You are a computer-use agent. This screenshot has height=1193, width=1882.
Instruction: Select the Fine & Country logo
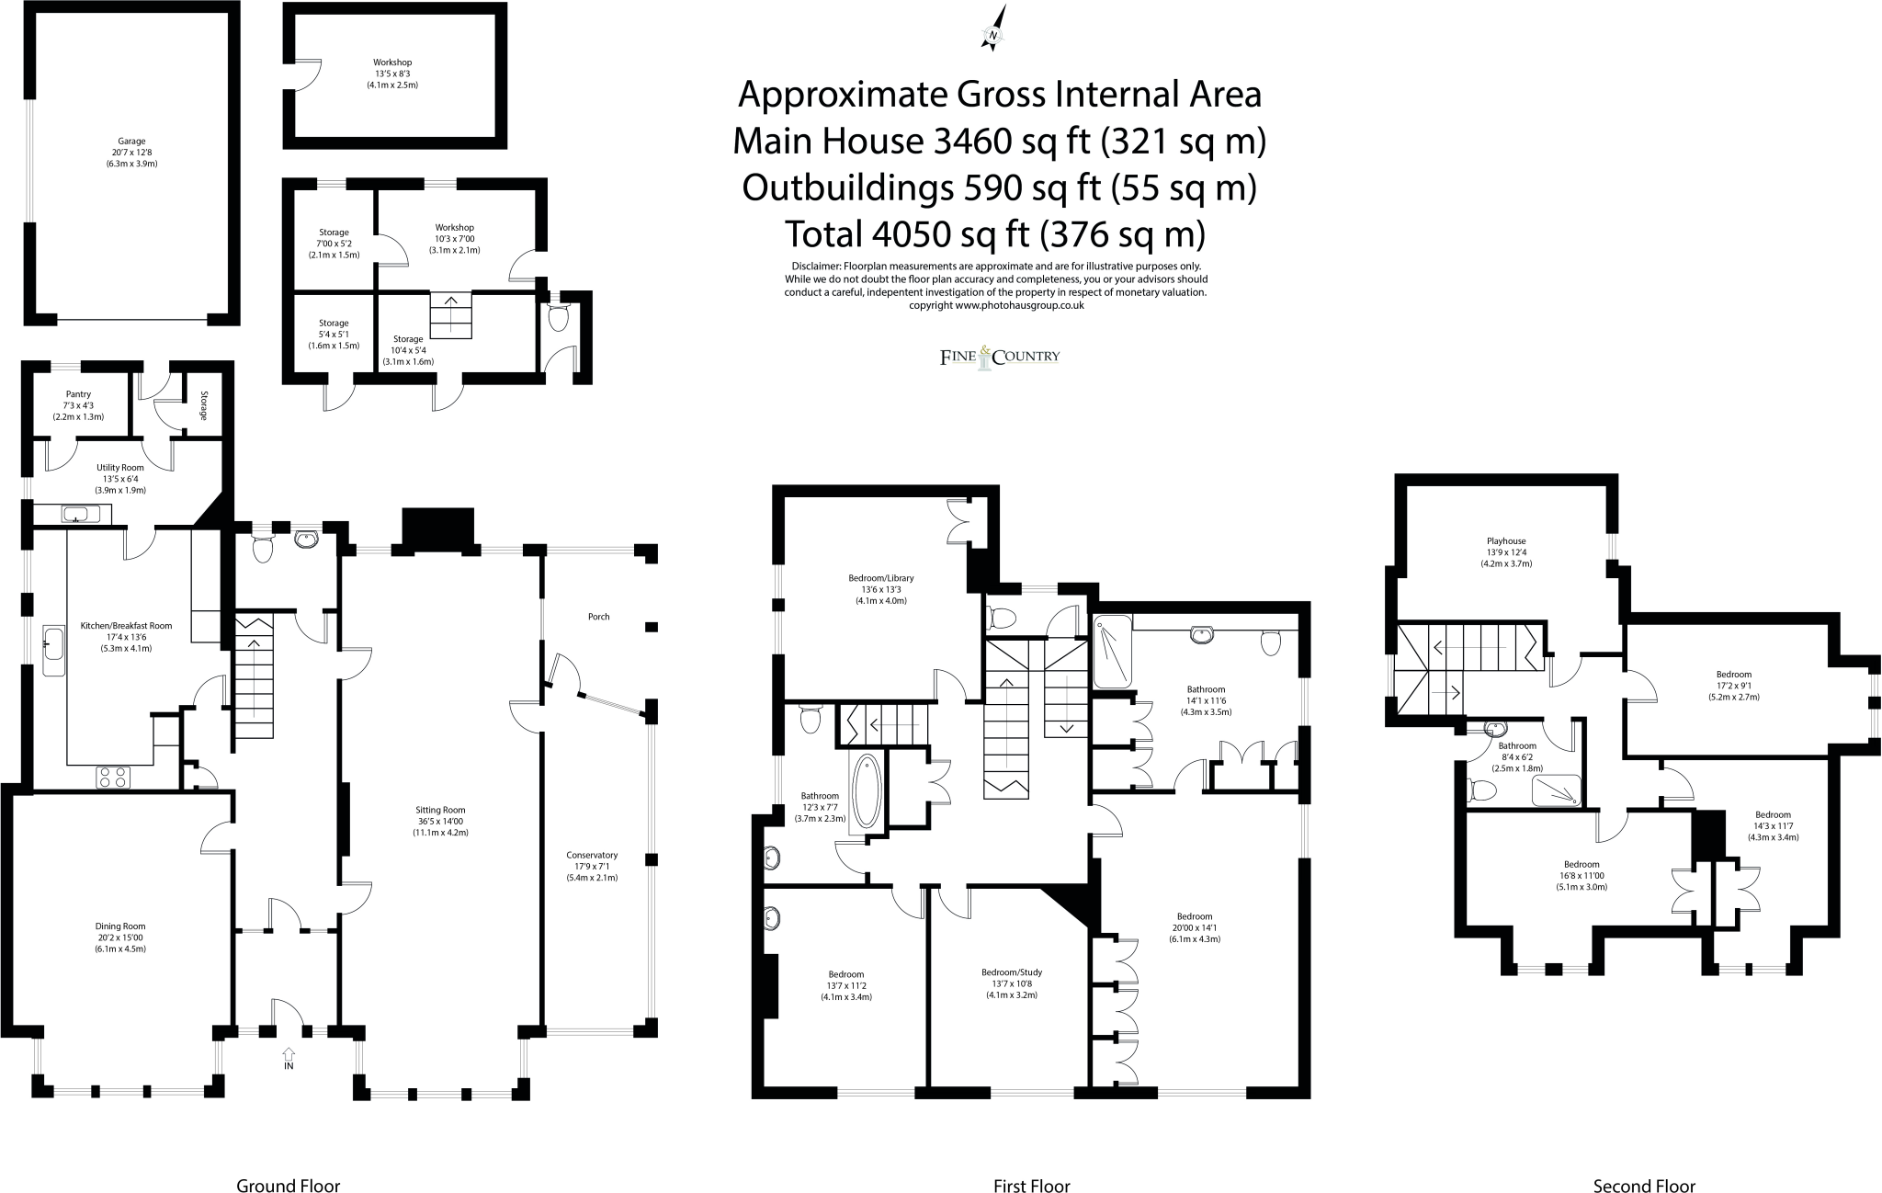click(x=1000, y=357)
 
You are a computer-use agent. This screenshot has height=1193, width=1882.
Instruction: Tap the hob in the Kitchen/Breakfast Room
click(x=113, y=777)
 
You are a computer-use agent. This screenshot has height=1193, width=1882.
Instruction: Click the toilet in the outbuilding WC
click(x=557, y=318)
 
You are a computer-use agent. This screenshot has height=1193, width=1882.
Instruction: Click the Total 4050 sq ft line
click(x=994, y=234)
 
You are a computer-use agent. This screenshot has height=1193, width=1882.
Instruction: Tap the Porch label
click(x=598, y=617)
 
